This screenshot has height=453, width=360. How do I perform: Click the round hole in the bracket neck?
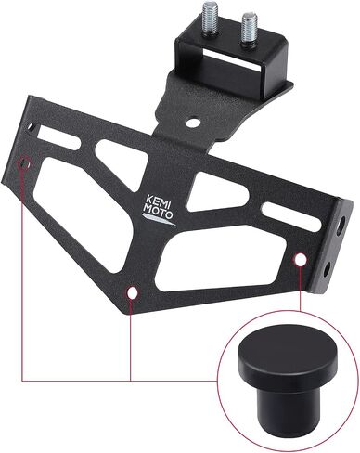click(x=193, y=122)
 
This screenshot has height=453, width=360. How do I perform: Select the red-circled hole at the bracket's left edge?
click(x=25, y=163)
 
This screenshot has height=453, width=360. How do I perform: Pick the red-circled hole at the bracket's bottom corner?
click(x=133, y=292)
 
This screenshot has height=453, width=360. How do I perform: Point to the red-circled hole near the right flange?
click(x=300, y=260)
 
